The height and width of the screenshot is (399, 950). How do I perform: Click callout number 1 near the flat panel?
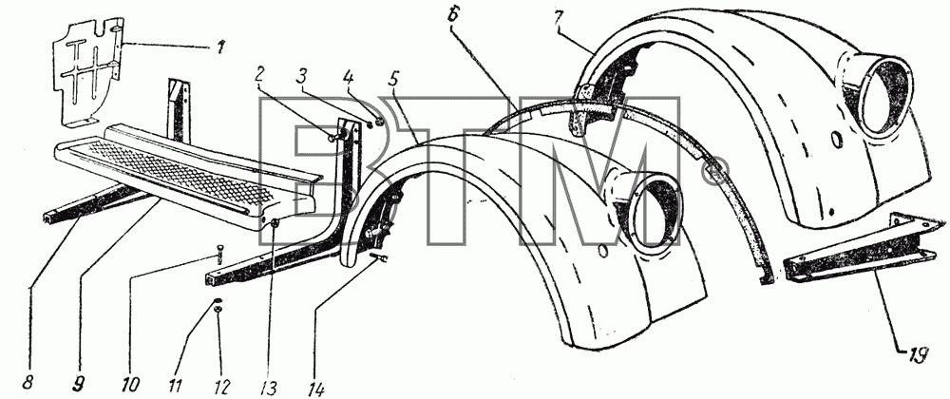coord(219,46)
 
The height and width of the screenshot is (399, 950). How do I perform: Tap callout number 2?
coord(260,75)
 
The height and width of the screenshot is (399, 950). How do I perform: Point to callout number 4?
coord(348,77)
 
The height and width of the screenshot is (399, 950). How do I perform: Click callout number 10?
coord(131,385)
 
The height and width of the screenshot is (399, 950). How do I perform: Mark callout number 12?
coord(222,385)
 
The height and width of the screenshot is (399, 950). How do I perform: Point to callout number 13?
coord(269,386)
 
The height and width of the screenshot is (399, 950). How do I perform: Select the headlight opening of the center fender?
coord(655,213)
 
